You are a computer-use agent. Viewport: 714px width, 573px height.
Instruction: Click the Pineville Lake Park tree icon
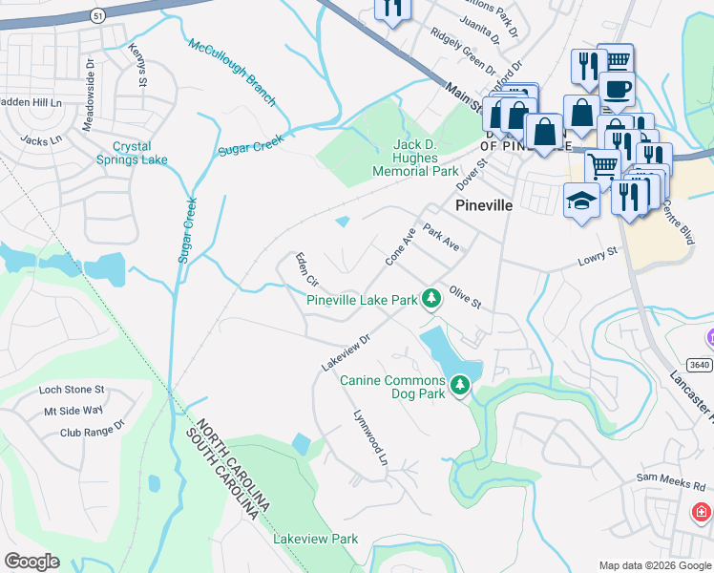(431, 299)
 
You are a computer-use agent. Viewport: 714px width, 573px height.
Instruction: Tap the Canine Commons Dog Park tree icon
(460, 386)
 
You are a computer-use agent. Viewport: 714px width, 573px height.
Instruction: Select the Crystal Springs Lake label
(140, 153)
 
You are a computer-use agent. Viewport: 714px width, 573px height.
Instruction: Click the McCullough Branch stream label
(232, 73)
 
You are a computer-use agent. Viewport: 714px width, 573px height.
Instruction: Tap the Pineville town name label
(484, 205)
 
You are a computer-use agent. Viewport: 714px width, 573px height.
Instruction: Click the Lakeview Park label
(315, 539)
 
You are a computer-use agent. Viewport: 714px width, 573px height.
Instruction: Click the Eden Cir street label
(305, 270)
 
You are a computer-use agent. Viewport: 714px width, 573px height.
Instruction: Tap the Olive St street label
(465, 296)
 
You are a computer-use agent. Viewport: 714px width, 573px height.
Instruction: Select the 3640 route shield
(700, 365)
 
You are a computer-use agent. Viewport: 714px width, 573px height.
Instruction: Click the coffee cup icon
(617, 88)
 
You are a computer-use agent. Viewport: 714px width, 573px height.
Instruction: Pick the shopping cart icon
(601, 165)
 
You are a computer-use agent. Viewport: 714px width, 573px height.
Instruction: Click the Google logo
(31, 562)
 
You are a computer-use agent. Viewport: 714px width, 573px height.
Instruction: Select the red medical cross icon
(701, 513)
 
